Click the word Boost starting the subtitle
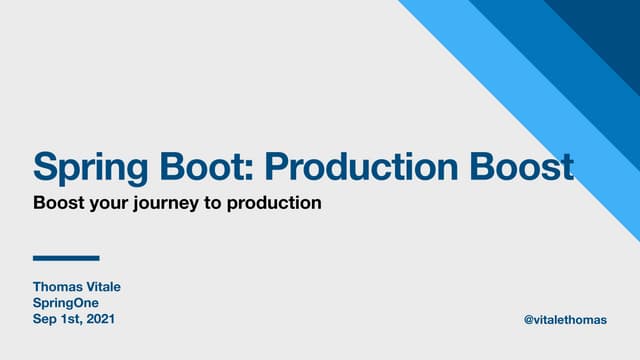point(56,203)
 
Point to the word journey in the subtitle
point(160,204)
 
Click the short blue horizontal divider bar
point(66,258)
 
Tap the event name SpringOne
point(66,303)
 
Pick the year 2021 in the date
point(99,319)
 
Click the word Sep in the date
point(45,319)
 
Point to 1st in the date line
point(71,319)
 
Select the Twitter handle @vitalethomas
point(565,319)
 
